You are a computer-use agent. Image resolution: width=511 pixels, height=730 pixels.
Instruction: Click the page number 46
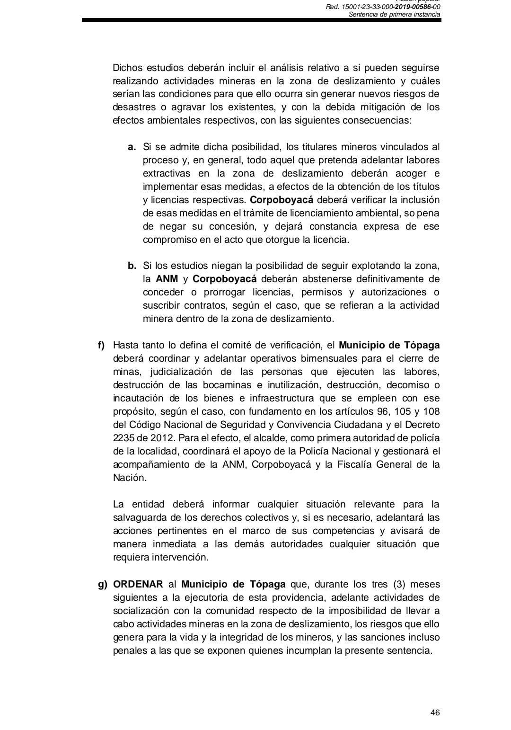point(435,712)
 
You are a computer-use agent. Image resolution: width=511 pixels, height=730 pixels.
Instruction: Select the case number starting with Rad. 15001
point(383,7)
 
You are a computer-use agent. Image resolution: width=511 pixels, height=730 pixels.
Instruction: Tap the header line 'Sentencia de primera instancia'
point(394,15)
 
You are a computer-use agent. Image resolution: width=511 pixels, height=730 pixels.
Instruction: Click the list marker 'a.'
point(132,147)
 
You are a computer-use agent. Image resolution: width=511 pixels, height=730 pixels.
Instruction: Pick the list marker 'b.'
point(132,265)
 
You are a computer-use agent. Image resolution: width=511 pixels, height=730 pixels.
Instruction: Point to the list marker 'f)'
point(102,345)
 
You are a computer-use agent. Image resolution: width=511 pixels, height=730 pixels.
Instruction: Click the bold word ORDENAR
point(138,584)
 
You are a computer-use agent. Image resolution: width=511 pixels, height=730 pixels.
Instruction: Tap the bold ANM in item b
point(167,278)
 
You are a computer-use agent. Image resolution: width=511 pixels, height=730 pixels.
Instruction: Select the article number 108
point(431,411)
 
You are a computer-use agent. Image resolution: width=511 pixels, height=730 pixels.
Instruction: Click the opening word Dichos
point(129,67)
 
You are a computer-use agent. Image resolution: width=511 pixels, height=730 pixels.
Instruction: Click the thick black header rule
point(261,20)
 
